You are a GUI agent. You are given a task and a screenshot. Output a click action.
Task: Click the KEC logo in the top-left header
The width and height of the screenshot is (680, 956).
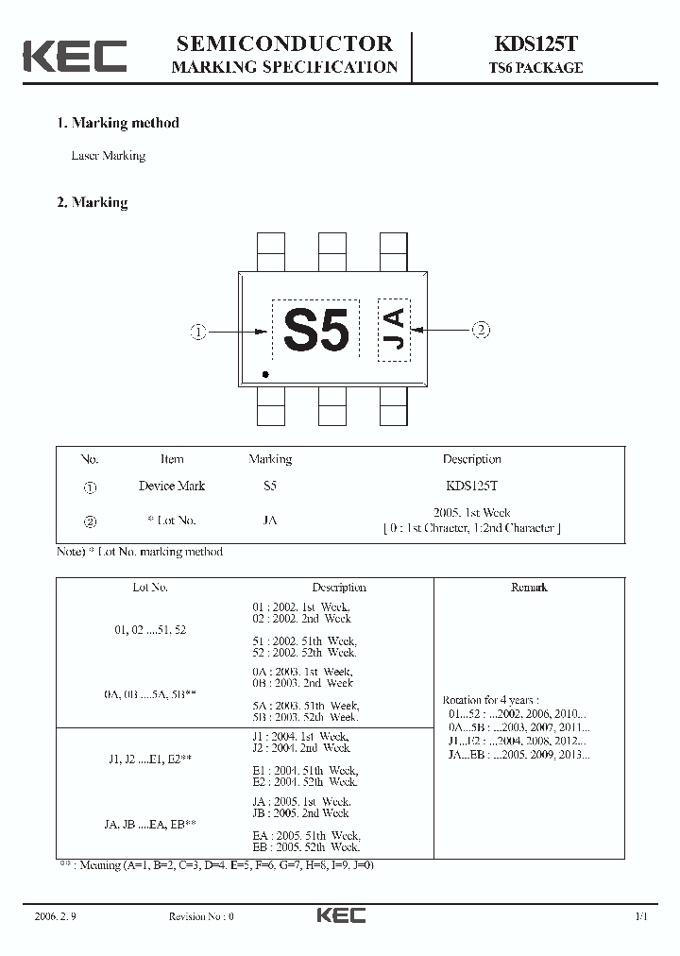(x=76, y=56)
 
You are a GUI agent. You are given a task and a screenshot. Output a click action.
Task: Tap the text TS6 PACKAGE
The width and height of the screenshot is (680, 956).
(x=535, y=68)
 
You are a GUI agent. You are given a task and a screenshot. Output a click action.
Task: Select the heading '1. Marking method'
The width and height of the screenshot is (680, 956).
(x=118, y=123)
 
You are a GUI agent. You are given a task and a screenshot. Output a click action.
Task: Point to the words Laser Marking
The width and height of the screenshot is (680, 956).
(x=109, y=156)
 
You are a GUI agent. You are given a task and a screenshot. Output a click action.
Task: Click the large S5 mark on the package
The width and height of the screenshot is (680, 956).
(x=316, y=331)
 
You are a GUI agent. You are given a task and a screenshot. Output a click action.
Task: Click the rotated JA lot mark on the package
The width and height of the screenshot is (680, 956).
(x=395, y=330)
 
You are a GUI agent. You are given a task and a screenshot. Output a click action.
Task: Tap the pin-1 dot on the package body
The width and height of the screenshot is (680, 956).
(x=265, y=375)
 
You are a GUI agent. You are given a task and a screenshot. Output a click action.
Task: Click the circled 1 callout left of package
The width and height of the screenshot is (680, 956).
(x=198, y=332)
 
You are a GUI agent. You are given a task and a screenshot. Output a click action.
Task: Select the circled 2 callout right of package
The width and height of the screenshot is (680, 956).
(x=481, y=330)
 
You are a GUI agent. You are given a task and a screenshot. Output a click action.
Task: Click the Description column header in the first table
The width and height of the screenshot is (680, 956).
(x=471, y=459)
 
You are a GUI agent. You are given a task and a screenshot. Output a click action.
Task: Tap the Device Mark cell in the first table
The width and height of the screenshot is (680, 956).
(x=171, y=486)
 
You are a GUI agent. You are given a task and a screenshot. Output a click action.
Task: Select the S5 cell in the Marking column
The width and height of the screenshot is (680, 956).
(x=270, y=486)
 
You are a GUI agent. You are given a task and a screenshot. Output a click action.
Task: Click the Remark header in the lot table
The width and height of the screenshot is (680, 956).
(x=529, y=587)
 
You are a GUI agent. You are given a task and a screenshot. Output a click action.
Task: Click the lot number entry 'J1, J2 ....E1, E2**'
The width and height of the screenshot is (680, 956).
(x=151, y=759)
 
